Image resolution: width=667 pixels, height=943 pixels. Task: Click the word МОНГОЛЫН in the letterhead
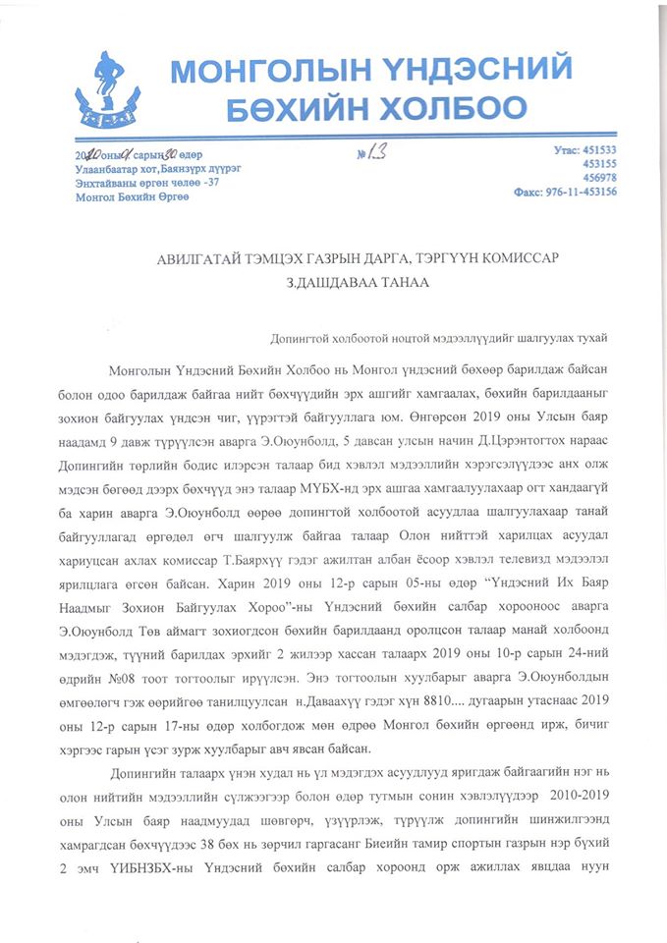click(258, 70)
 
